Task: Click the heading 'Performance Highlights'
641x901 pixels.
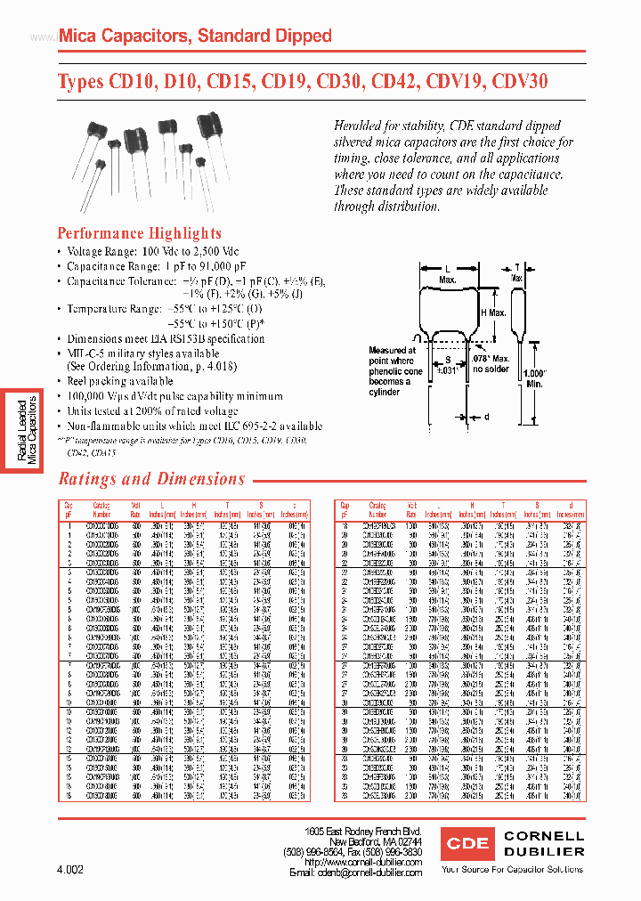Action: click(x=140, y=233)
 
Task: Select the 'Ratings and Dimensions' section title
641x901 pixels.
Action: click(x=151, y=479)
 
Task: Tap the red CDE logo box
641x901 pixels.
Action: click(x=467, y=843)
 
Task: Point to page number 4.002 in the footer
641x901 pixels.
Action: click(x=69, y=869)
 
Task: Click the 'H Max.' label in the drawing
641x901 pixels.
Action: click(x=494, y=313)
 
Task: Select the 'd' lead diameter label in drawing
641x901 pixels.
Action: click(x=486, y=417)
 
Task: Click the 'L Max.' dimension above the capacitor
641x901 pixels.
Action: click(x=449, y=272)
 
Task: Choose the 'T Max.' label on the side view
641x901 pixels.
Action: click(x=516, y=272)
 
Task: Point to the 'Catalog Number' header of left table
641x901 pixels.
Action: click(x=102, y=510)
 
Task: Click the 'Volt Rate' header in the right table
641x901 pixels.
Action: click(x=411, y=509)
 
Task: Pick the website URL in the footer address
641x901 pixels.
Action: click(x=361, y=862)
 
